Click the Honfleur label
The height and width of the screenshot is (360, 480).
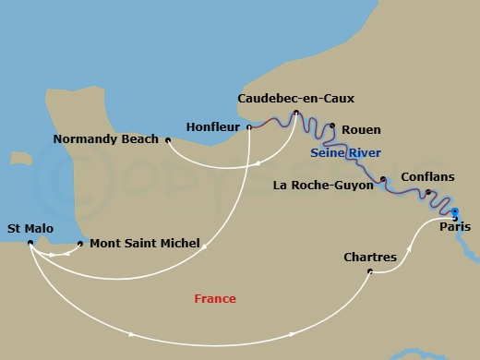pos(212,126)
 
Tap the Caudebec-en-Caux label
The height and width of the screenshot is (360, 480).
pos(295,98)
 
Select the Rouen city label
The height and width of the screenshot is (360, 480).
pos(361,130)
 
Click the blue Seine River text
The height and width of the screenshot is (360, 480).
pos(346,152)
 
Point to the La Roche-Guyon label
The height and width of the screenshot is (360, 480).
pos(323,185)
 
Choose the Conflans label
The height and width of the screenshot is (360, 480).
pos(426,177)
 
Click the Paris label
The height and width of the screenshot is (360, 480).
pos(455,226)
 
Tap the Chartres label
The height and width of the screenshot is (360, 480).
pos(369,257)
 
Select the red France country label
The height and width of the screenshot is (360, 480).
pos(215,299)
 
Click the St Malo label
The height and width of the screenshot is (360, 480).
pos(30,228)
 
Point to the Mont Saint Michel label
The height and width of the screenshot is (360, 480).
pos(145,244)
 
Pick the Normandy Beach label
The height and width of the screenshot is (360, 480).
pos(106,141)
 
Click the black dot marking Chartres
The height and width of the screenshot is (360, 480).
pos(370,271)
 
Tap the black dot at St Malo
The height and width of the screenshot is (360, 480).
pos(30,244)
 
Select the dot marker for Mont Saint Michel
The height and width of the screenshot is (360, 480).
pos(81,244)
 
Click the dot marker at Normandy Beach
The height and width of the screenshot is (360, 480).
pos(167,140)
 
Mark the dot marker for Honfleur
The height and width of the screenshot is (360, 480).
pos(249,127)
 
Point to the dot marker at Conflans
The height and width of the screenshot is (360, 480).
pos(427,192)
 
